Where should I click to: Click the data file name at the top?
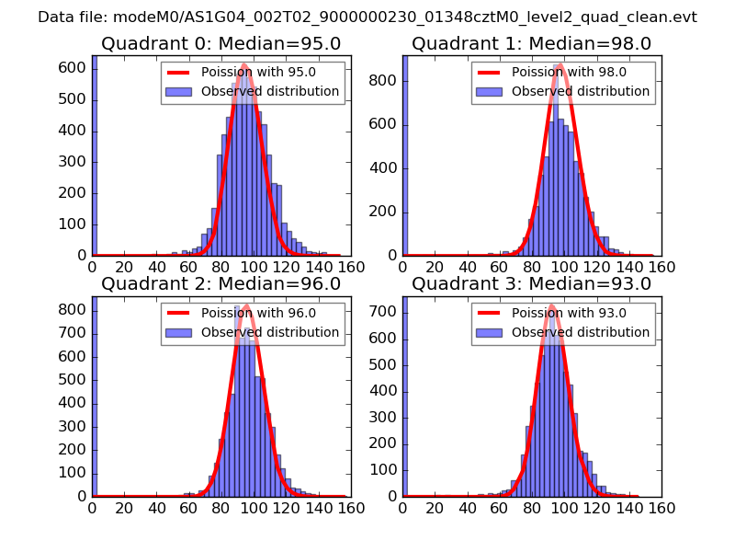367,17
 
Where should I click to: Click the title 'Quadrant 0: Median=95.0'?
220,43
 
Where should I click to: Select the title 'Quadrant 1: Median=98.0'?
531,43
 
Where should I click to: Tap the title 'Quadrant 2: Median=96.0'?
220,283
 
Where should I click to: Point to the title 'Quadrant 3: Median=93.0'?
531,283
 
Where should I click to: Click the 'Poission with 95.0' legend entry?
258,73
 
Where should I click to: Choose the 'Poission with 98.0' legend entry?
569,73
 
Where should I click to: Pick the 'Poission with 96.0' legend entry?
258,313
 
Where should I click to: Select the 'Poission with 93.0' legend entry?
569,313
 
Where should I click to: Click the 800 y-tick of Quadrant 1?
386,81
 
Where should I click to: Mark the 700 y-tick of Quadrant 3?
386,313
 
